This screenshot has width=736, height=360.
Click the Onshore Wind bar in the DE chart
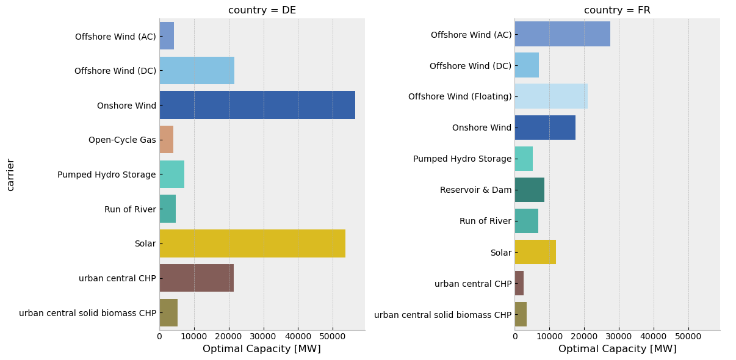pos(257,105)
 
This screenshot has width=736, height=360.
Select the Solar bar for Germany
pos(252,243)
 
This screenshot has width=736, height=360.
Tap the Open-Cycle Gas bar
pos(167,140)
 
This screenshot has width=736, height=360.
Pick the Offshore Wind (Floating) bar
pos(551,96)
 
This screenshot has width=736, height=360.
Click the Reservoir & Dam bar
pos(529,190)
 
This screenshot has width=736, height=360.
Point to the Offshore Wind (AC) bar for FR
pos(562,35)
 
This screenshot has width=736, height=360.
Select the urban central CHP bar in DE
pos(197,278)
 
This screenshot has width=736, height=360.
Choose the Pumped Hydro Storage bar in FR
pos(524,159)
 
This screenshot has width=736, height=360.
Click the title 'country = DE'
pos(262,10)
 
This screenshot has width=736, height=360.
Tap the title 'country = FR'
pos(617,10)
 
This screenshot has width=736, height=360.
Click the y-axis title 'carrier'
pos(10,175)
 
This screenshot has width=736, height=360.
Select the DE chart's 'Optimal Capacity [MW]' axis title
pos(262,349)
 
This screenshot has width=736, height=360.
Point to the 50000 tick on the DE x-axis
pos(333,336)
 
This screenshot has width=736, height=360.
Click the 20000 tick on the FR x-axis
pos(584,336)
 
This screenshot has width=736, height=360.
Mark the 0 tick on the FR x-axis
pos(514,336)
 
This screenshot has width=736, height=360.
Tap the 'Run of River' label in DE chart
pos(130,209)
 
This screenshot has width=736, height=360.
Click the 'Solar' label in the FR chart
pos(500,253)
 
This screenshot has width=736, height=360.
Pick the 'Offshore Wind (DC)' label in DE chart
pos(115,71)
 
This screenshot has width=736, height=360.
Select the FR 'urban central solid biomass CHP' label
pos(442,315)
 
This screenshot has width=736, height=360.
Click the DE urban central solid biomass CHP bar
pos(168,313)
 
